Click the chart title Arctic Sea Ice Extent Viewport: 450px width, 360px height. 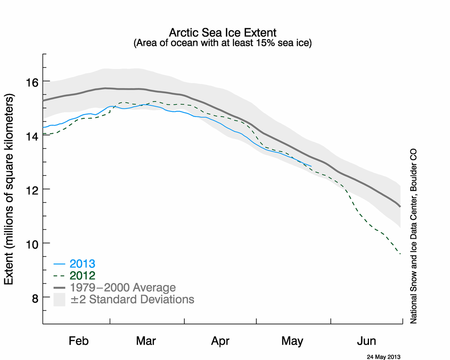tap(222, 33)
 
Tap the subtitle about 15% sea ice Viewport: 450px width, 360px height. tap(222, 43)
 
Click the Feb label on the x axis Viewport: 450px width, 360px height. tap(78, 342)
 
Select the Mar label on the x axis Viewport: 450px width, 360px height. tap(146, 342)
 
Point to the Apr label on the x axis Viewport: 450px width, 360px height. tap(220, 342)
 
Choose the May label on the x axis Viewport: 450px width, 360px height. tap(292, 342)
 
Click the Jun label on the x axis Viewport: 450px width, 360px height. tap(366, 342)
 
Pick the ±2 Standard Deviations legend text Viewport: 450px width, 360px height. tap(132, 299)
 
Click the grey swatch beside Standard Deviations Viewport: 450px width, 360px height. tap(59, 300)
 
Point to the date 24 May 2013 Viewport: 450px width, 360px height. tap(384, 356)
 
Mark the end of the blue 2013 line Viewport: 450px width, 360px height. tap(311, 166)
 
